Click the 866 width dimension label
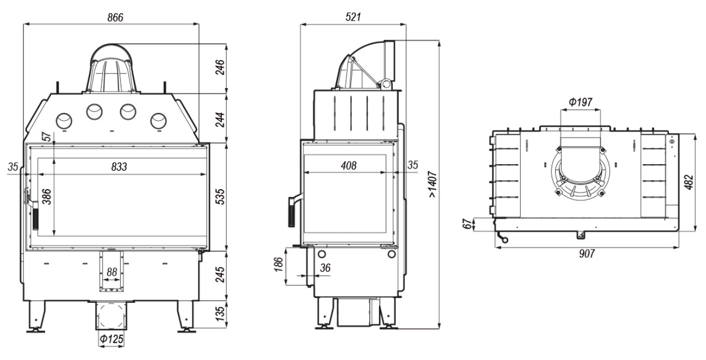pyautogui.click(x=115, y=17)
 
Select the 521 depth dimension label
pyautogui.click(x=353, y=17)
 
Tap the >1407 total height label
pyautogui.click(x=433, y=184)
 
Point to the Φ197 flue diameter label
pyautogui.click(x=580, y=102)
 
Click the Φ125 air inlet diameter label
pyautogui.click(x=112, y=339)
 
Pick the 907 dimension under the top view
pyautogui.click(x=587, y=253)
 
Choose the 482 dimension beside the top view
pyautogui.click(x=689, y=182)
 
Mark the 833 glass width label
pyautogui.click(x=119, y=166)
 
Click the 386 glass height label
pyautogui.click(x=47, y=196)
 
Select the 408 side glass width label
pyautogui.click(x=349, y=165)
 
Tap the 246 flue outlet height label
pyautogui.click(x=220, y=67)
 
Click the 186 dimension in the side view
pyautogui.click(x=278, y=265)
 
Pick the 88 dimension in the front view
pyautogui.click(x=112, y=272)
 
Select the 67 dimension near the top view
pyautogui.click(x=469, y=224)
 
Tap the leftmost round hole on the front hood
pyautogui.click(x=64, y=121)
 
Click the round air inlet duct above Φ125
pyautogui.click(x=112, y=316)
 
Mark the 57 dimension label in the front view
pyautogui.click(x=47, y=136)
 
